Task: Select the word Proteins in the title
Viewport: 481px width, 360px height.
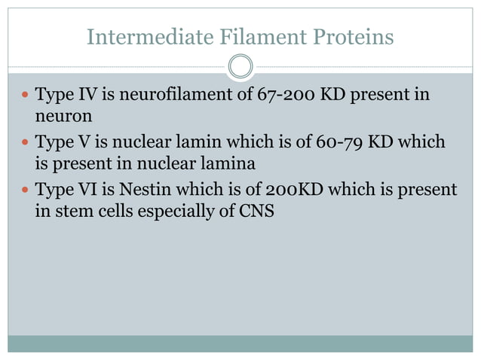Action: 350,36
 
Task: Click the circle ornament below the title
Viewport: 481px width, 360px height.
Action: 240,66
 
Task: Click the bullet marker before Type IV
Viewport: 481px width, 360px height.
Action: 24,97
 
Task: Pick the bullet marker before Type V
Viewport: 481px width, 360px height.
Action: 24,143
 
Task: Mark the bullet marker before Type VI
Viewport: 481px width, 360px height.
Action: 24,190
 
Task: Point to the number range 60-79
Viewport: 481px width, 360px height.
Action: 333,142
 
